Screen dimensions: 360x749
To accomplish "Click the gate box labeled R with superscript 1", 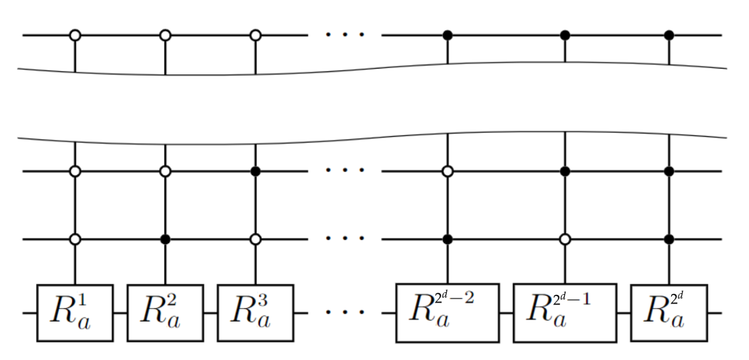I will [x=75, y=313].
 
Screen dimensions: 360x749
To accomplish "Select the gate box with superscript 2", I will [x=165, y=313].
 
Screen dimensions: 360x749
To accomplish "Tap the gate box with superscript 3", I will [x=255, y=313].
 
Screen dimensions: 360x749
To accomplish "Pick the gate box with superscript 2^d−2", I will [x=447, y=313].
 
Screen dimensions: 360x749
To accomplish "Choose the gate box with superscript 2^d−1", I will [x=565, y=313].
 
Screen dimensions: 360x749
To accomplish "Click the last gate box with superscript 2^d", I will [x=669, y=313].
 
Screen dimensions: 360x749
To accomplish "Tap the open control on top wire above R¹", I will [x=75, y=35].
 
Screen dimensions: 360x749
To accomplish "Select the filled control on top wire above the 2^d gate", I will [x=669, y=35].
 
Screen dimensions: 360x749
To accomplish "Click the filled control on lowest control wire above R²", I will [x=165, y=239].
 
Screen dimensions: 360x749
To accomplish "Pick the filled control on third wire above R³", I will [x=256, y=171].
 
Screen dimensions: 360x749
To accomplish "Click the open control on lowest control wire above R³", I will [x=256, y=239].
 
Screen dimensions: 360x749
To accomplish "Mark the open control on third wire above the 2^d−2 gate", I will [x=447, y=171].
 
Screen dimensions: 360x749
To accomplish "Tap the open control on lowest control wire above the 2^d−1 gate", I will [x=565, y=239].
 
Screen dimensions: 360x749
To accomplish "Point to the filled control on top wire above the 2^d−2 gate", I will [x=447, y=35].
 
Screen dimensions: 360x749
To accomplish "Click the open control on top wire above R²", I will [x=165, y=35].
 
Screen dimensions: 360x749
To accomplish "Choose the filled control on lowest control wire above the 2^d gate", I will [x=669, y=239].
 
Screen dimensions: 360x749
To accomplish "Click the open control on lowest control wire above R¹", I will [x=75, y=239].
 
